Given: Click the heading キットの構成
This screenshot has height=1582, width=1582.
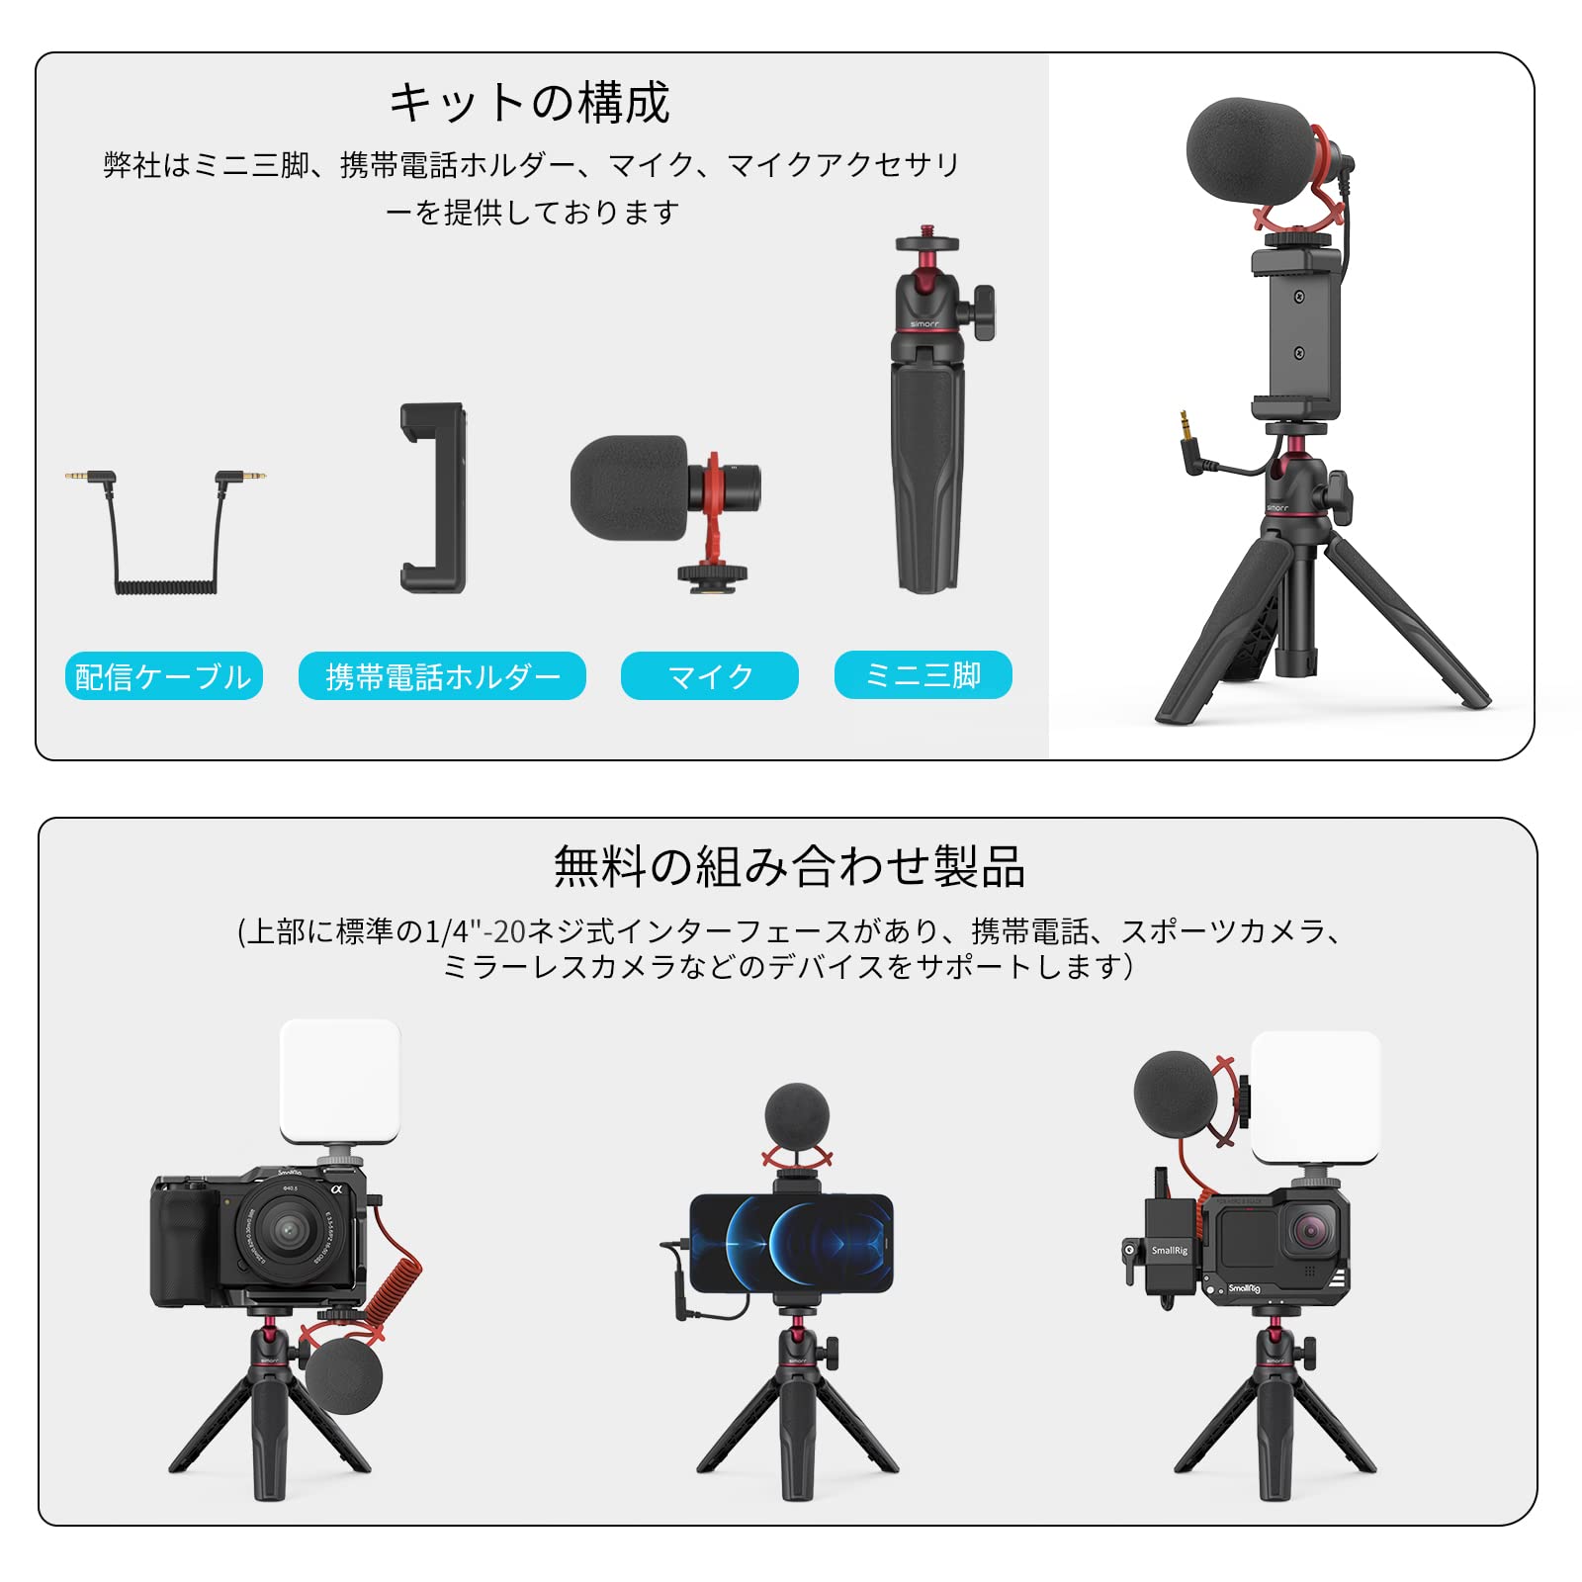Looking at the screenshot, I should coord(529,103).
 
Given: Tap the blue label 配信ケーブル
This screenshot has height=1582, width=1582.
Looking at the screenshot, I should coord(163,676).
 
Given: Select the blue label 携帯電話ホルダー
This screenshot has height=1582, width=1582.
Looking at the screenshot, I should coord(442,676).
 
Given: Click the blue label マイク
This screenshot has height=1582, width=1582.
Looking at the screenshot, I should coord(709,676).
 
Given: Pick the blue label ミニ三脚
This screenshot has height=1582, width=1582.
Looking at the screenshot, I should coord(923,675).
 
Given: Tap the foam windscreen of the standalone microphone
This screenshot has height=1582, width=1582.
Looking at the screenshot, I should coord(629,487).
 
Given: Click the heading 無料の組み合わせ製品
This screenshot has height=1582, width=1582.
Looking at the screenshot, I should coord(788,866).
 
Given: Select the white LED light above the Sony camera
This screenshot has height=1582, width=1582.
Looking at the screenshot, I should coord(339,1082).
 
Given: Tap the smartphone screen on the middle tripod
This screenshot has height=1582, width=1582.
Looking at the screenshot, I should coord(791,1243).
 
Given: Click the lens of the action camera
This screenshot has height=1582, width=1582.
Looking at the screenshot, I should coord(1310,1232).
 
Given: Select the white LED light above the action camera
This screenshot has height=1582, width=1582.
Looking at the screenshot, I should coord(1315,1097).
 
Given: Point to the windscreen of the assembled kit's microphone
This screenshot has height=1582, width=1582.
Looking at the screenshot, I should coord(1248,148).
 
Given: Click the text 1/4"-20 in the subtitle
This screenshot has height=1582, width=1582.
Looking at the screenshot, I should coord(475,931).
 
